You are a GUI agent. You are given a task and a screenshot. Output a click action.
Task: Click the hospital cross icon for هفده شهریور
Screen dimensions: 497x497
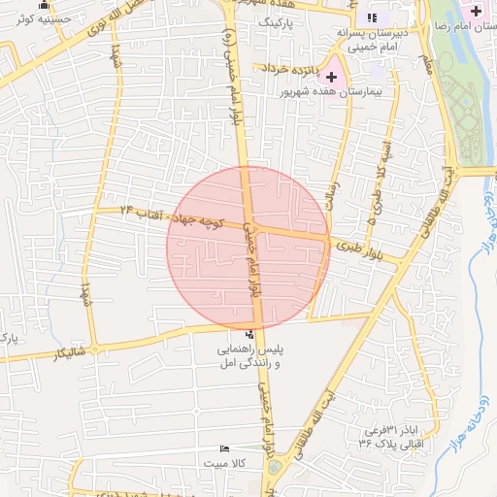[x=333, y=75]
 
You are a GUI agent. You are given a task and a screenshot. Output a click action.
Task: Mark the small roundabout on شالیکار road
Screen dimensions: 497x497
[x=95, y=348]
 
